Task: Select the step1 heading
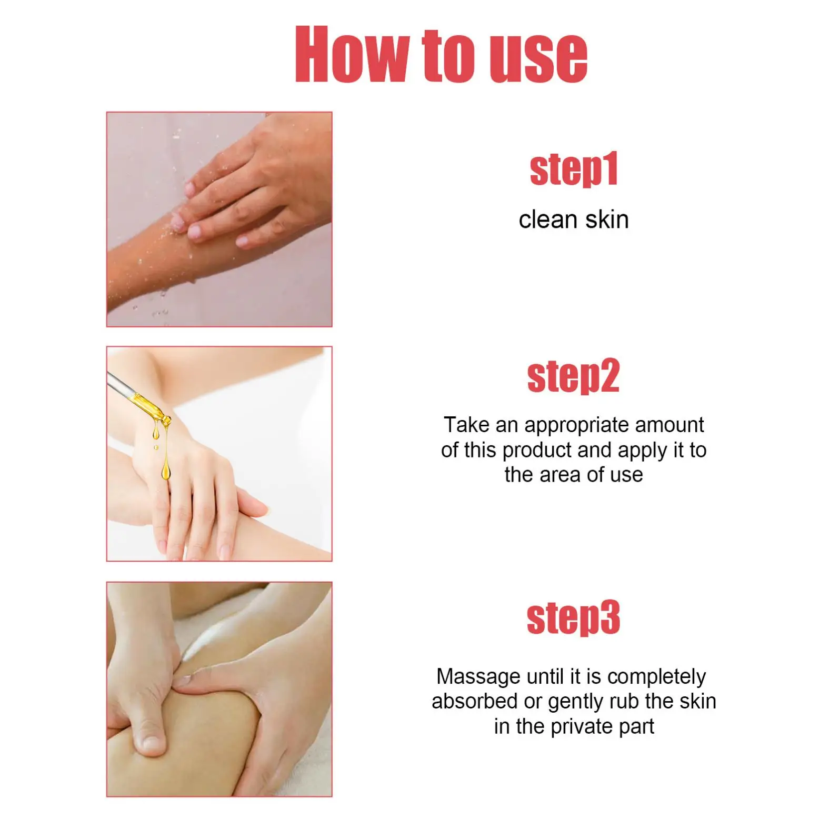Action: [574, 169]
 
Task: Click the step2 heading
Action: [574, 376]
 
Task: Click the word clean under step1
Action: [547, 220]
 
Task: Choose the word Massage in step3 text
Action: [478, 677]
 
